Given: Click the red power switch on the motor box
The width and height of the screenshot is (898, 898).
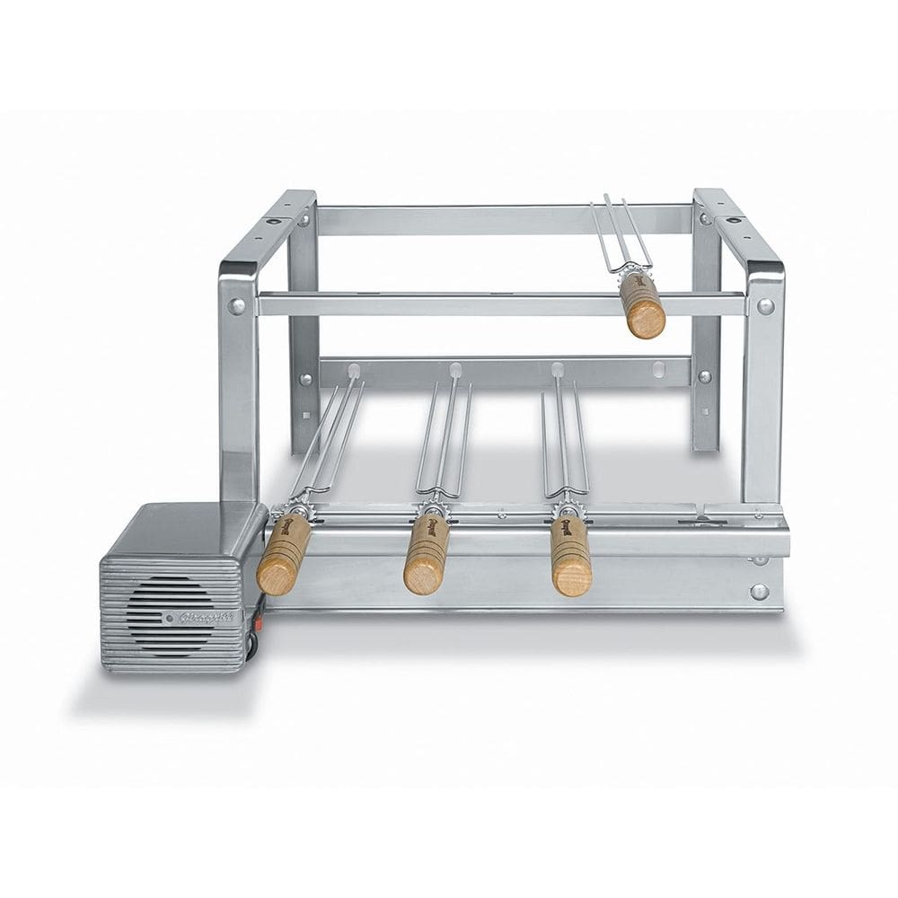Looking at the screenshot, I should pyautogui.click(x=260, y=620).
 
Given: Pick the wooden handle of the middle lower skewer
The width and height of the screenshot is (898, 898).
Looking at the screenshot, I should pyautogui.click(x=426, y=554).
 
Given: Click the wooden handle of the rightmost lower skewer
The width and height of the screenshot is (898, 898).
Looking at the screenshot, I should pyautogui.click(x=571, y=556).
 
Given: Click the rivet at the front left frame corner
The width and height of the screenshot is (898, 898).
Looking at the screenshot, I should pyautogui.click(x=237, y=305).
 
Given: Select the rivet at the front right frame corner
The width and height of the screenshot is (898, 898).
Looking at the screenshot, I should pyautogui.click(x=765, y=305).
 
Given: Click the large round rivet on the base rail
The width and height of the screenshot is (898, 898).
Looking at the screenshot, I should pyautogui.click(x=760, y=592).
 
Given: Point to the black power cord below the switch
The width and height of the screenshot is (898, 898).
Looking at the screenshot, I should pyautogui.click(x=253, y=644).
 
